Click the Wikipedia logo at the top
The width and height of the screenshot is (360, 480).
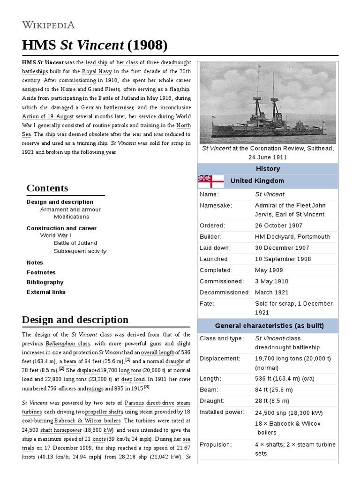[x=48, y=24]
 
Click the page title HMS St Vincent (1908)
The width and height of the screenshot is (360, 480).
[x=94, y=45]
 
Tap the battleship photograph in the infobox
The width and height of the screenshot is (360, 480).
[x=268, y=103]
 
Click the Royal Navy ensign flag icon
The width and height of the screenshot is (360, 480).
[x=211, y=181]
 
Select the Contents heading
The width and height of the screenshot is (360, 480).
[x=47, y=188]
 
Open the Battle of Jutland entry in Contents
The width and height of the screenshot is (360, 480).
[x=75, y=243]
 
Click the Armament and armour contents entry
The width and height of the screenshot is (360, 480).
[x=70, y=210]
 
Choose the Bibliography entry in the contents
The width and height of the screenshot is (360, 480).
[x=45, y=282]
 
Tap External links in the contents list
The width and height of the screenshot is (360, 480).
[x=46, y=292]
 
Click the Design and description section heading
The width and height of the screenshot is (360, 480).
[x=75, y=320]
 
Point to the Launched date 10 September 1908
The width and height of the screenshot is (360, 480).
[x=283, y=259]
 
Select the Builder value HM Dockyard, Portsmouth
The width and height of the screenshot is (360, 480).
[x=292, y=237]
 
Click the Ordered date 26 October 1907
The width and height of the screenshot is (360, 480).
[x=279, y=225]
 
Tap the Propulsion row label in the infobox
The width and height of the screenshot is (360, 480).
[x=216, y=444]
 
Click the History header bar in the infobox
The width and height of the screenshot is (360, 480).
[x=268, y=169]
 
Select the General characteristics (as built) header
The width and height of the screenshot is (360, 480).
[x=269, y=325]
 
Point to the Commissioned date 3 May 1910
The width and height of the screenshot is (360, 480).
[x=271, y=281]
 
